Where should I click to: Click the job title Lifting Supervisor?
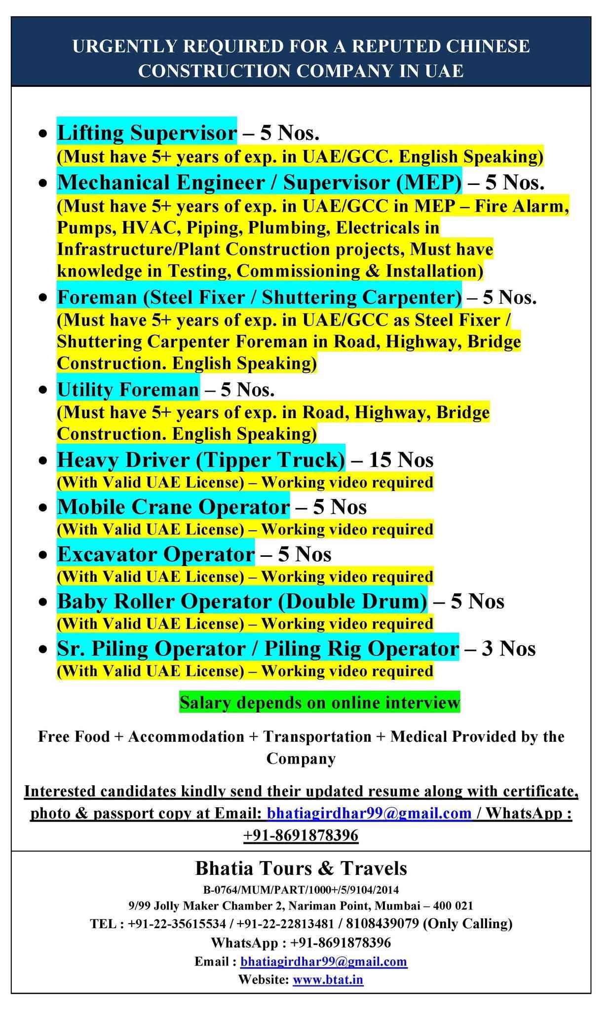click(x=147, y=133)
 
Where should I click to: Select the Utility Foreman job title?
click(x=128, y=390)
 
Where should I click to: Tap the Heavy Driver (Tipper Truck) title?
click(x=201, y=460)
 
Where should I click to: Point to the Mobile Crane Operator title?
click(x=173, y=507)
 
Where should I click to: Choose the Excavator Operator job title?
click(x=156, y=554)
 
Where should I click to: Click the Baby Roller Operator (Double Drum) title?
click(x=242, y=601)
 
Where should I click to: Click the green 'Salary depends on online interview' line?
click(x=319, y=702)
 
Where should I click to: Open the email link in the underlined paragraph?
click(x=369, y=813)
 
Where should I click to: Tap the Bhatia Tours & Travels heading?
click(x=301, y=868)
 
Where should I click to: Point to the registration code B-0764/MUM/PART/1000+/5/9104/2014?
click(x=301, y=890)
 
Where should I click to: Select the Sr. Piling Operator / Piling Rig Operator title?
click(x=258, y=648)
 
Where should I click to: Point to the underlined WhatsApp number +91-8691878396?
click(x=301, y=835)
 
